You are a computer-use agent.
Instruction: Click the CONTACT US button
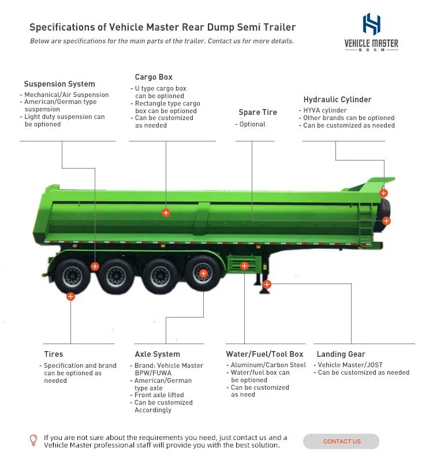coord(341,441)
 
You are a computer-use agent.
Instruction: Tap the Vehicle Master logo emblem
coord(371,24)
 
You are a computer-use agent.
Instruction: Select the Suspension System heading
coord(59,84)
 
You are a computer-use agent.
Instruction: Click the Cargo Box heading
coord(154,77)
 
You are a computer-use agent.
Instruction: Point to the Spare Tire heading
coord(257,113)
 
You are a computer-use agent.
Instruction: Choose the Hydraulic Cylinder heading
coord(337,99)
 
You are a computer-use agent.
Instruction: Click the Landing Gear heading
coord(341,354)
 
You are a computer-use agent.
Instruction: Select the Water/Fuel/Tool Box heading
coord(264,354)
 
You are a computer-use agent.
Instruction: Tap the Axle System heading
coord(157,354)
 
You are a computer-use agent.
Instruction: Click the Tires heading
coord(54,354)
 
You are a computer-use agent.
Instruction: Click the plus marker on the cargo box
coord(166,213)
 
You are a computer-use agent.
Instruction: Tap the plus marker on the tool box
coord(245,266)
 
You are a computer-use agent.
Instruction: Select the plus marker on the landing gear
coord(267,284)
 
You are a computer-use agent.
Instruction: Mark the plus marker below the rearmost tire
coord(70,296)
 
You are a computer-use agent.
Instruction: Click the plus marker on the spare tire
coord(386,221)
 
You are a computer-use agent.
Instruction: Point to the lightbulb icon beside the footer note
coord(33,441)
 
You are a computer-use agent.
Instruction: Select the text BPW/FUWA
coord(153,373)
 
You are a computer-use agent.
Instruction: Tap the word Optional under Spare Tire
coord(252,124)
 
